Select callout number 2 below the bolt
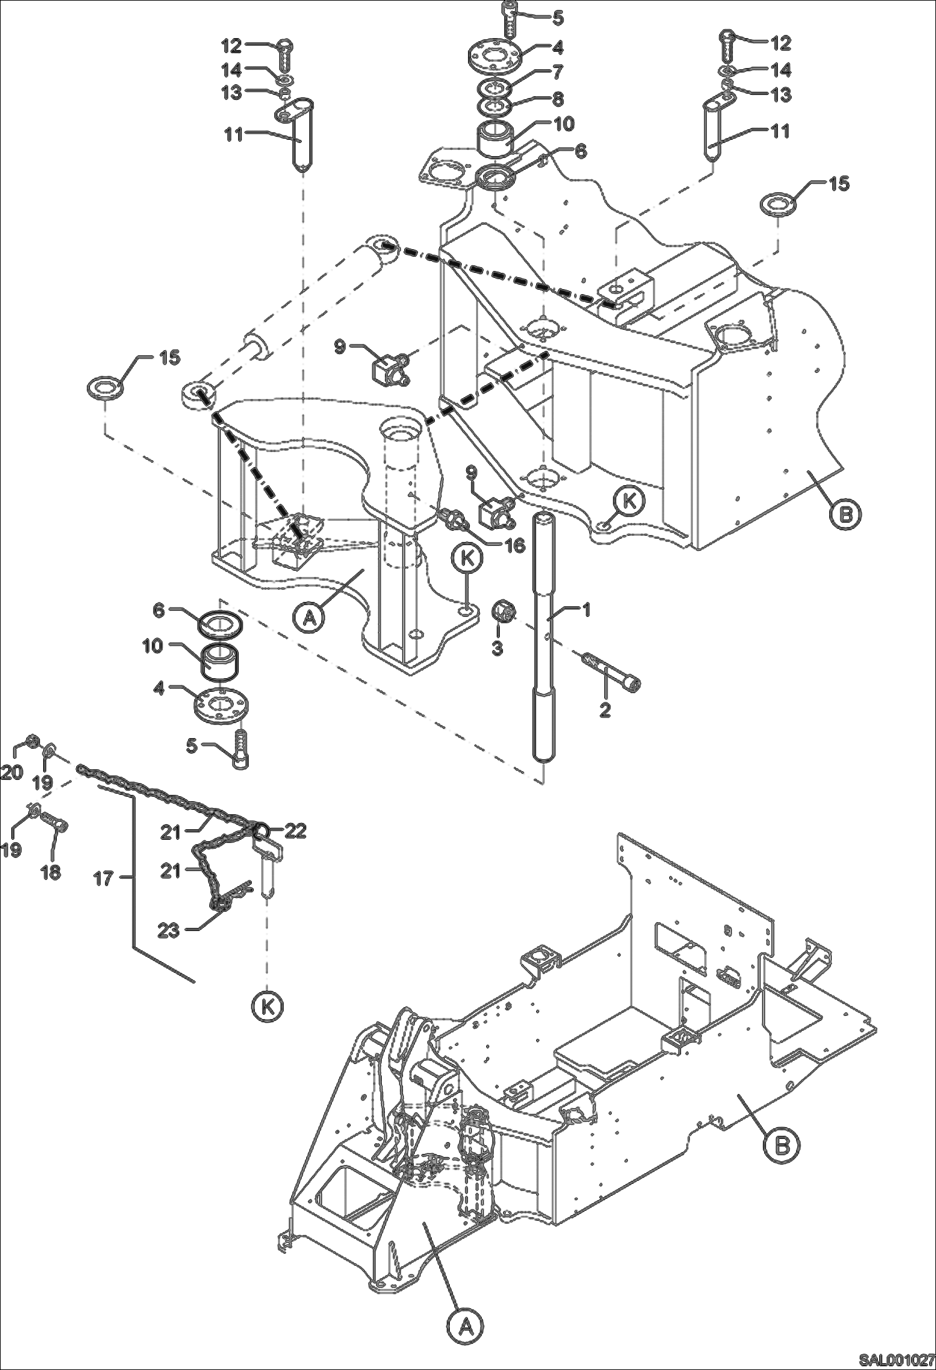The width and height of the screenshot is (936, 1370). click(604, 710)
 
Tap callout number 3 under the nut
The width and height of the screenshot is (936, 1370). click(497, 648)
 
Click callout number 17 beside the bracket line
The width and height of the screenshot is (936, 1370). click(103, 879)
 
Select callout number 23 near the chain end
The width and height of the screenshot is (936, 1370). click(169, 930)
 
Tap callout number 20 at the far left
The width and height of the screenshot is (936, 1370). click(11, 772)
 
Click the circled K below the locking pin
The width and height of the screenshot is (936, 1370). click(268, 1005)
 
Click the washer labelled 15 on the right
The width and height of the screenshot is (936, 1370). click(777, 205)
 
